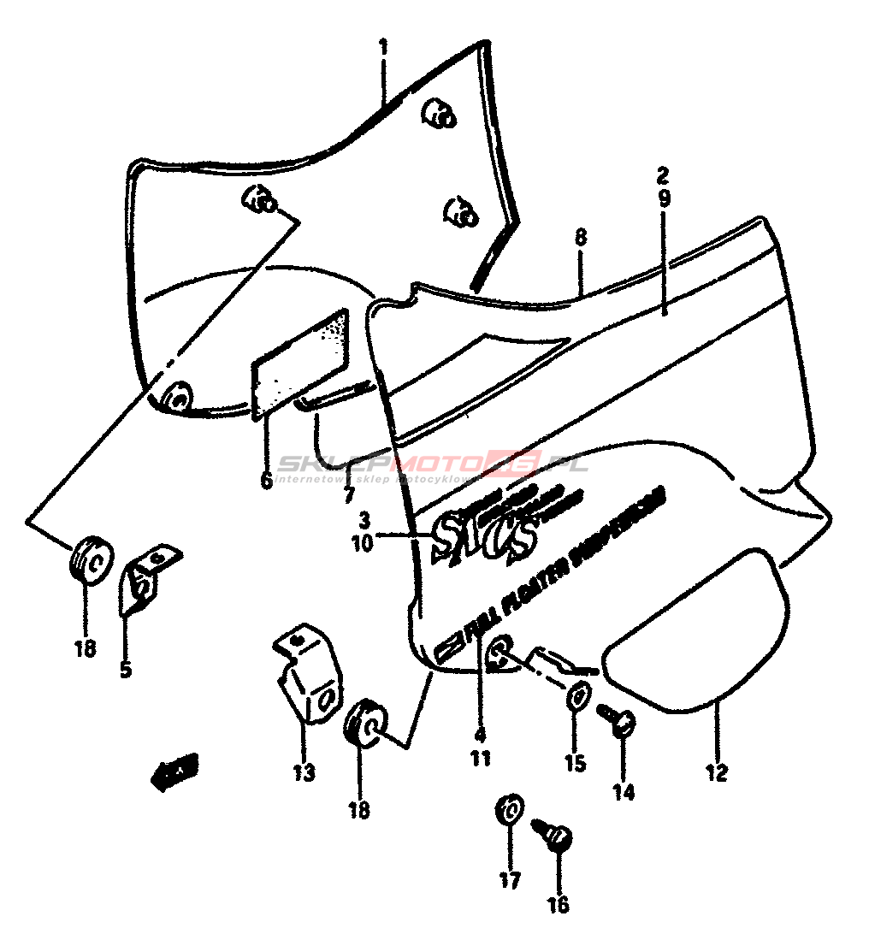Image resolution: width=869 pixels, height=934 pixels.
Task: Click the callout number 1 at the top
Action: pyautogui.click(x=383, y=46)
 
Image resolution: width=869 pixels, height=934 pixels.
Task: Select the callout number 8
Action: pyautogui.click(x=581, y=238)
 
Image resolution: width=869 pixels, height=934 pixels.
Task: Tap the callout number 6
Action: pyautogui.click(x=267, y=482)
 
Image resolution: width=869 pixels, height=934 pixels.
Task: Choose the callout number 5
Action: pyautogui.click(x=126, y=669)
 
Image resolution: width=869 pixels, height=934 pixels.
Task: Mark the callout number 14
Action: pyautogui.click(x=624, y=792)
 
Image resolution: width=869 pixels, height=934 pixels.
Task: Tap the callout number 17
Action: pyautogui.click(x=510, y=879)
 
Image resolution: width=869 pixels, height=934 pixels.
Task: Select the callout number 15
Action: pyautogui.click(x=575, y=763)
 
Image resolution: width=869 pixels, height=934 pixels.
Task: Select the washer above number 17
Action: pyautogui.click(x=510, y=809)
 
